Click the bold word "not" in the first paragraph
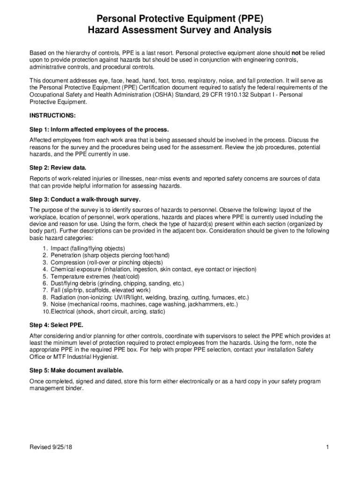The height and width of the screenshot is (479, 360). [x=297, y=53]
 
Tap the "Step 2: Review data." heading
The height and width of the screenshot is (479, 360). [x=58, y=167]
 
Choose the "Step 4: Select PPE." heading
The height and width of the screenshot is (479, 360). [x=57, y=325]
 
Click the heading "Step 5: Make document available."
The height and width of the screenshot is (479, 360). [x=76, y=370]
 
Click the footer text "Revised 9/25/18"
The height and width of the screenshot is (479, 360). [x=51, y=448]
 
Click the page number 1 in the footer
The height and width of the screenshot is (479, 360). [x=329, y=448]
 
